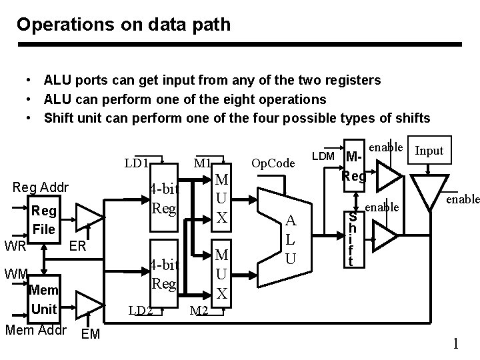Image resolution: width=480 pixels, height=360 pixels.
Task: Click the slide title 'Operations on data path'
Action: pos(124,25)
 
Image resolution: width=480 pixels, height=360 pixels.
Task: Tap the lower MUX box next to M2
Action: pos(223,273)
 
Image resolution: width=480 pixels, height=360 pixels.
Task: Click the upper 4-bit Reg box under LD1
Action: pos(163,199)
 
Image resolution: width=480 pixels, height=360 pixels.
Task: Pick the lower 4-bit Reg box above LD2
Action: pos(163,274)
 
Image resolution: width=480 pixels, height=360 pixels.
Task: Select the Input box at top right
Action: pos(429,151)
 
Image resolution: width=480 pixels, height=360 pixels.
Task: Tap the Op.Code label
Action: pos(273,163)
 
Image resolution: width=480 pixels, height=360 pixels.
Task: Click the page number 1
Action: pos(456,344)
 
